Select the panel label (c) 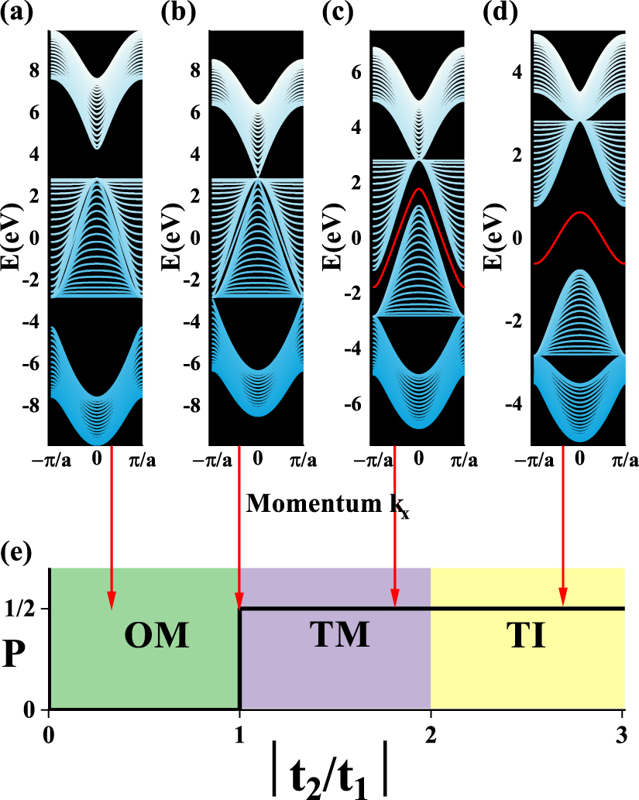pos(338,14)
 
